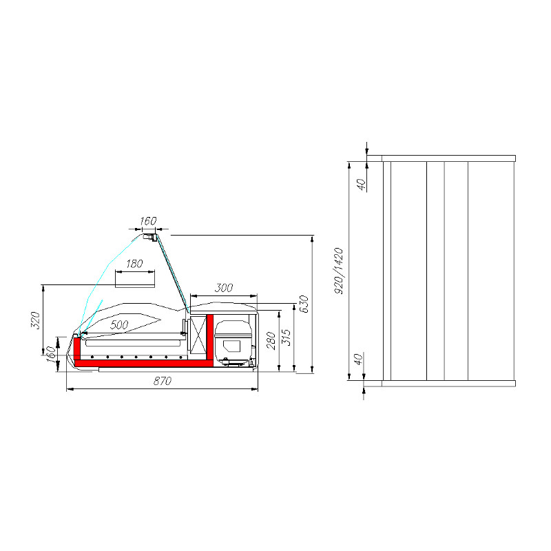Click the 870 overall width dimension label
163,381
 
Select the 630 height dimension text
304,304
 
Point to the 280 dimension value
271,340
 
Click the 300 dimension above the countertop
223,288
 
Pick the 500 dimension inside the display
119,324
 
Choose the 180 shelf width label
134,264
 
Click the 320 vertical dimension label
37,320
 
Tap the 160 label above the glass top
148,221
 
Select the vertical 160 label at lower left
51,355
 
